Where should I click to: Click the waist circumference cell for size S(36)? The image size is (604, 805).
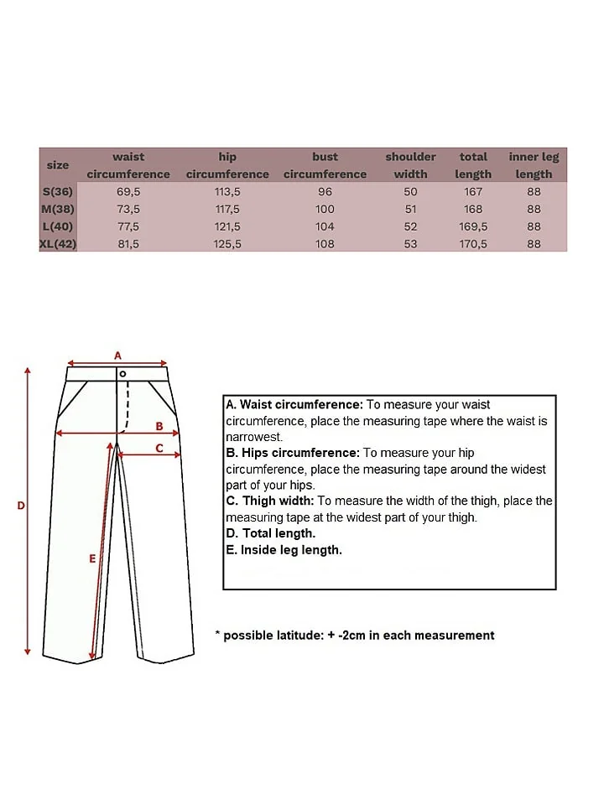tap(128, 192)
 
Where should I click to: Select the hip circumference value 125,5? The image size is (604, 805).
tap(227, 244)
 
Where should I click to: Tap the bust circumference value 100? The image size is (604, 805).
tap(325, 210)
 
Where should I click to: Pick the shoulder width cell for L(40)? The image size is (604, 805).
tap(410, 227)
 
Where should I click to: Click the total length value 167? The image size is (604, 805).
tap(473, 192)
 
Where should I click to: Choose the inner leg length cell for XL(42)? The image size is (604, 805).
tap(534, 244)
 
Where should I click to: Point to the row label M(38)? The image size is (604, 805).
tap(58, 210)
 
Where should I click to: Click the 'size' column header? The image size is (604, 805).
tap(58, 165)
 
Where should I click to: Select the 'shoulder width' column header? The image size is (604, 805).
tap(410, 165)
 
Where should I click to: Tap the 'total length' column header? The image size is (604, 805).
tap(473, 165)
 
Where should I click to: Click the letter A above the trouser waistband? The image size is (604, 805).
tap(118, 355)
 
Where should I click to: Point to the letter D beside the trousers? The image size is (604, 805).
tap(21, 505)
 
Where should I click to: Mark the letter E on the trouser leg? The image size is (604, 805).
tap(92, 558)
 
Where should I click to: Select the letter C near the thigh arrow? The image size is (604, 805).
tap(159, 448)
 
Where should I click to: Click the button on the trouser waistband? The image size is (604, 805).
tap(122, 373)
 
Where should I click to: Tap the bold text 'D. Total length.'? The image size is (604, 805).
tap(271, 533)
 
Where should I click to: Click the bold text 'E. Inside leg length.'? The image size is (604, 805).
tap(284, 550)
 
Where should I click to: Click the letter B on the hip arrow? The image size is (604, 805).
tap(159, 426)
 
